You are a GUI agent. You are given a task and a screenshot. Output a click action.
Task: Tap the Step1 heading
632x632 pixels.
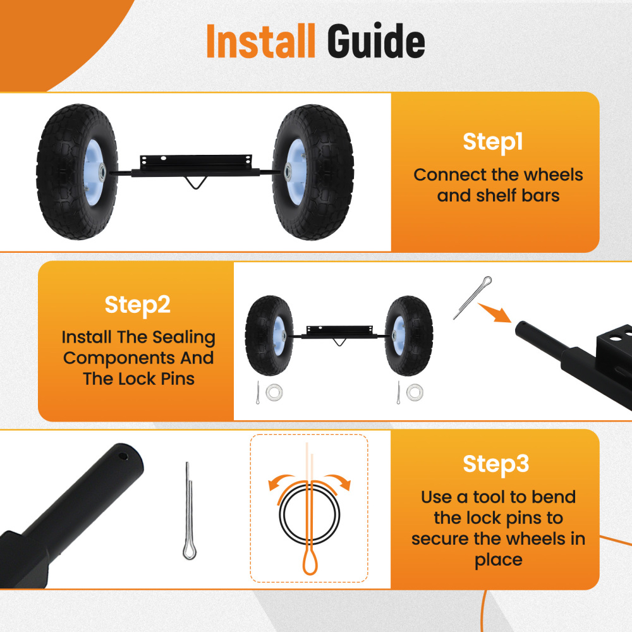(493, 142)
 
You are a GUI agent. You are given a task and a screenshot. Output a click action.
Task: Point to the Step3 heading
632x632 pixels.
(495, 464)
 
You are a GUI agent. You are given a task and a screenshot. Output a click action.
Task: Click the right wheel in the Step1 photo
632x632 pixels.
(309, 173)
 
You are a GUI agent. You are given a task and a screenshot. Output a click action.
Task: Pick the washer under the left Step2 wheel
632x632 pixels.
(274, 392)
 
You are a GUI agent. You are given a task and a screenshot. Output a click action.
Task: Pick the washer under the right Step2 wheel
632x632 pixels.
(415, 392)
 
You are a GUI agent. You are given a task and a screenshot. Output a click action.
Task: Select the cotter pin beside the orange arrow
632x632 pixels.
(472, 296)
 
